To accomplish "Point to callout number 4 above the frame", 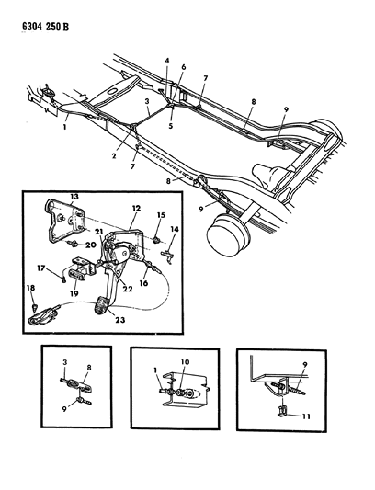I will [167, 61].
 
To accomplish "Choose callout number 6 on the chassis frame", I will [183, 68].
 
